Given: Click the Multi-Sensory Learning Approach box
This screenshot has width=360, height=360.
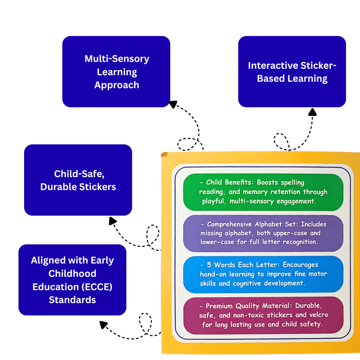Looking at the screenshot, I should coord(116,71).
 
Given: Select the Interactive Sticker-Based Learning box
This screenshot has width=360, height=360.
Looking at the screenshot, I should coord(292,71).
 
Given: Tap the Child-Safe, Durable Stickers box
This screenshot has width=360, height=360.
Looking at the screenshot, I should coord(78,180).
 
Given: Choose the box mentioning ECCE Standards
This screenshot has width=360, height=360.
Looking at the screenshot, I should coord(72,280).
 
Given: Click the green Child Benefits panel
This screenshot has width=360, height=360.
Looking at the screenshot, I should coord(263,192).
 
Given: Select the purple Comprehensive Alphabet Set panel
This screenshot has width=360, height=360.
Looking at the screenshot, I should coord(263,233).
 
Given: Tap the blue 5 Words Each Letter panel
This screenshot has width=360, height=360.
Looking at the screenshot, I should coord(263,274).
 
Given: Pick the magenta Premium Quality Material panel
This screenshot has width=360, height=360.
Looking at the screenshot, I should coord(263,315).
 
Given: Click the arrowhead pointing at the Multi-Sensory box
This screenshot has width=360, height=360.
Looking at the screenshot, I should coord(173,104).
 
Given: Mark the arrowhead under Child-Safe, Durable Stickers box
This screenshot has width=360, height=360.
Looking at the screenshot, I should coord(113,221).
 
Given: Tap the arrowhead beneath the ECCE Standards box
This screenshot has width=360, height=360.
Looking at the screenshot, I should coord(104,325).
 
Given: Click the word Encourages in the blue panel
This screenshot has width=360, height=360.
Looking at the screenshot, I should coord(301,265).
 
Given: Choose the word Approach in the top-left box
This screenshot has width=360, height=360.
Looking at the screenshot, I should coord(116,85).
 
